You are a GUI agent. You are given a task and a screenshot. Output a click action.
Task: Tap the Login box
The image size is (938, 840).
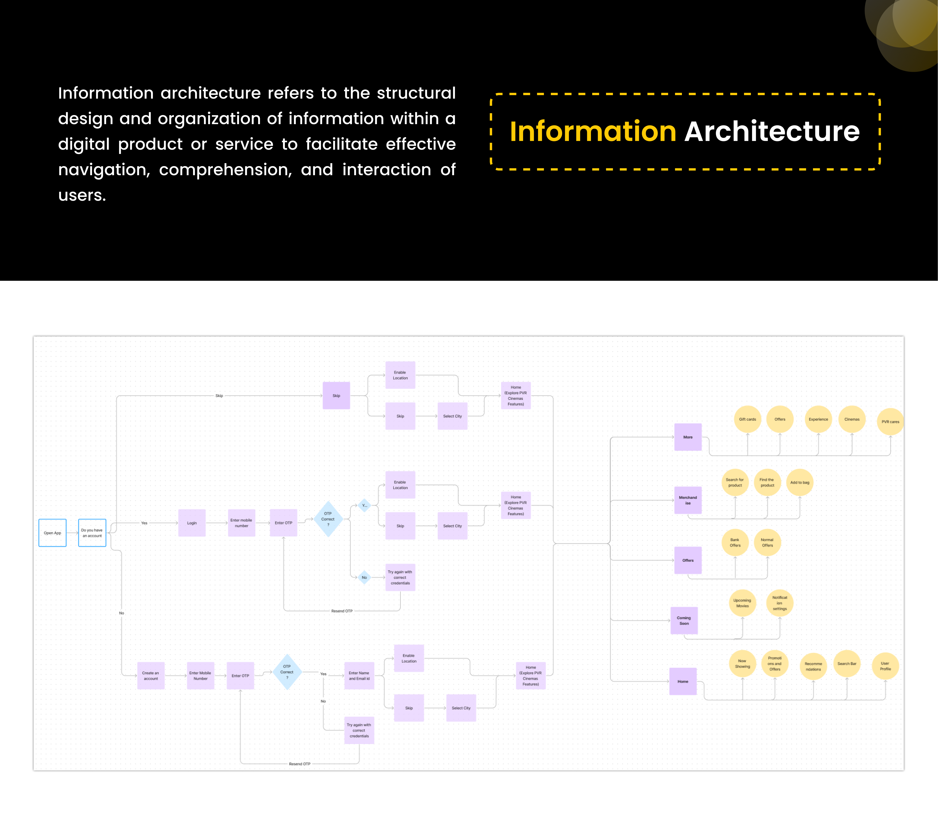(x=192, y=523)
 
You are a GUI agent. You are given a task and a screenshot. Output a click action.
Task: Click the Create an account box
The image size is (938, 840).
(x=150, y=676)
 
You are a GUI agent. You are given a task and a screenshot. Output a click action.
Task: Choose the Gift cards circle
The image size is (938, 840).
(x=747, y=419)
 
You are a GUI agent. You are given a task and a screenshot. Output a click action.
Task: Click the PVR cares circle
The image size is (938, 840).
(x=890, y=421)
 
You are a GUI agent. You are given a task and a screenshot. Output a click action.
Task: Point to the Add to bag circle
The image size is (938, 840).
(x=800, y=482)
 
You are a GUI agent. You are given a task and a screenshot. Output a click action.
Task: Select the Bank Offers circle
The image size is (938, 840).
(x=735, y=542)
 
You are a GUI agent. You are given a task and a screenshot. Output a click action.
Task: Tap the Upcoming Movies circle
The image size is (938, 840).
(x=742, y=603)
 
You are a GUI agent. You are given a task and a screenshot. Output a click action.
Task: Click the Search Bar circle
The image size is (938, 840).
(x=847, y=664)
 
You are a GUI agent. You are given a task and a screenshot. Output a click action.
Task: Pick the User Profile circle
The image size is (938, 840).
(x=885, y=666)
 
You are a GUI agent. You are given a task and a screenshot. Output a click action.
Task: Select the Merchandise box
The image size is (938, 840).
(x=688, y=500)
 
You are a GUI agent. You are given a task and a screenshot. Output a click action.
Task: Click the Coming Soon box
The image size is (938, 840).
(x=684, y=620)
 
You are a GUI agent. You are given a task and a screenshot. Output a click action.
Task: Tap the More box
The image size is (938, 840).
(x=688, y=437)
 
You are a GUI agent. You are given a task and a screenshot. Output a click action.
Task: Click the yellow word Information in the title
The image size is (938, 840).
(x=593, y=131)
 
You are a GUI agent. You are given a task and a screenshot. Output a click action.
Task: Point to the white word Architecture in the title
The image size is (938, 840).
(x=772, y=131)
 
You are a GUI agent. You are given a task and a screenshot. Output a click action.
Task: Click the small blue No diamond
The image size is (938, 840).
(x=364, y=577)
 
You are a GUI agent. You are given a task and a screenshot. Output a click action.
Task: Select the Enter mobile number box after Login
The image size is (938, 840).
(x=241, y=523)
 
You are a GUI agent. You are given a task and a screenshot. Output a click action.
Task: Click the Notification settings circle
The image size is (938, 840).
(x=780, y=603)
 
